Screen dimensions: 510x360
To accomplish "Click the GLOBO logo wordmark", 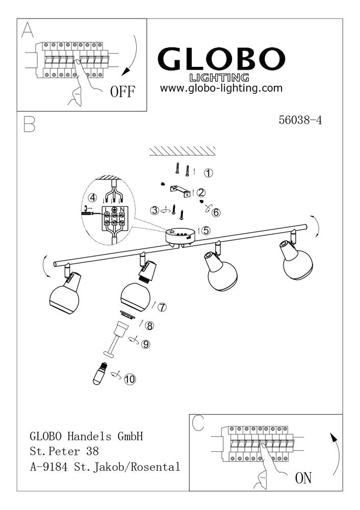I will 220,60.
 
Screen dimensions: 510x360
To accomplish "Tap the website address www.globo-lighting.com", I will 221,88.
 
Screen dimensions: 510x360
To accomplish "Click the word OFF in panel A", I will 122,92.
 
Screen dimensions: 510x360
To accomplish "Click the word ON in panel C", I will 303,478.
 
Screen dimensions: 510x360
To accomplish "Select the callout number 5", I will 206,231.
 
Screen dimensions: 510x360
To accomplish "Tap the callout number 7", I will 162,307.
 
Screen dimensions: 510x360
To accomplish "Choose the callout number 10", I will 130,379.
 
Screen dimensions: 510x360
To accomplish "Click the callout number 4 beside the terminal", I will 92,197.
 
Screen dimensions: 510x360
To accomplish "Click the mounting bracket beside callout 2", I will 179,189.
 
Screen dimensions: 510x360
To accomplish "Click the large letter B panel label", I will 29,124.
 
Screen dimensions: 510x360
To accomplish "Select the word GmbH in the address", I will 130,437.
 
